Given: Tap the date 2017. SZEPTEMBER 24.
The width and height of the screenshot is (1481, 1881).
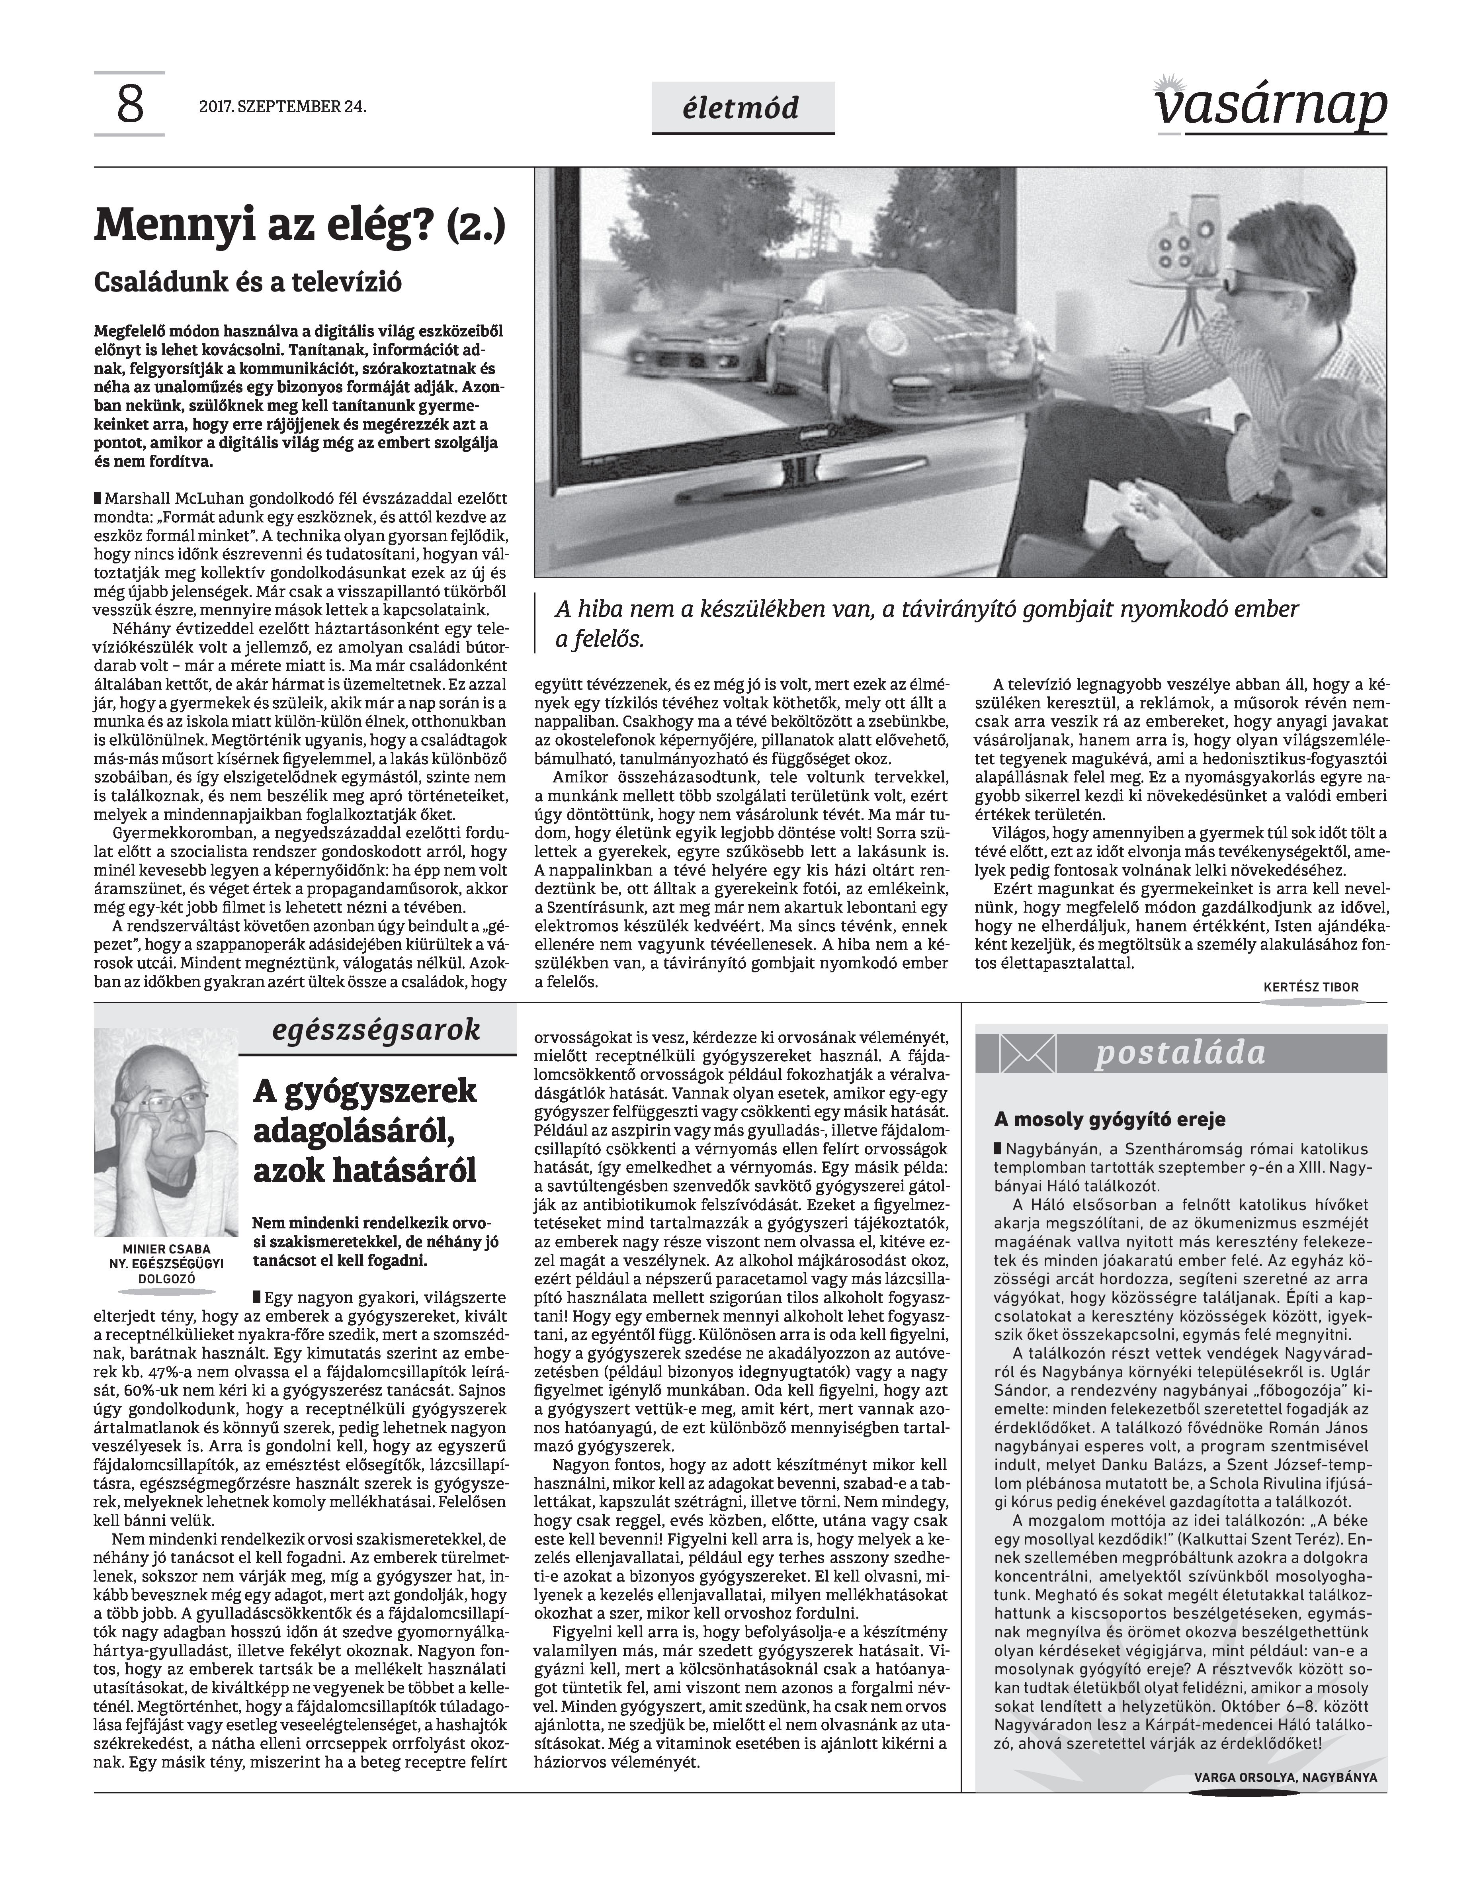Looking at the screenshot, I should (x=282, y=108).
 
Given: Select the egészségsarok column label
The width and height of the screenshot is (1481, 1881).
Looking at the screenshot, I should (x=376, y=1030).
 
